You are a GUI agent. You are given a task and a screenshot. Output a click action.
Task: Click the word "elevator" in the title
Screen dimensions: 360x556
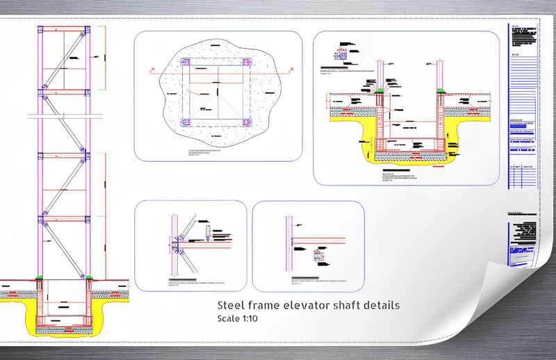point(309,305)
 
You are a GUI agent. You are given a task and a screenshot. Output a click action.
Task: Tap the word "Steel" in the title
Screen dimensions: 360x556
point(230,305)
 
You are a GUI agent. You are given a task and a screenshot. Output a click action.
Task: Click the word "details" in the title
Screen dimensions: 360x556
point(380,305)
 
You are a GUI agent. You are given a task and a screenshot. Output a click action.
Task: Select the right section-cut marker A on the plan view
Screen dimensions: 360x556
point(293,69)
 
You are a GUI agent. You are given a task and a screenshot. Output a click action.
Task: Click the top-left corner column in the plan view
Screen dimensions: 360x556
point(185,63)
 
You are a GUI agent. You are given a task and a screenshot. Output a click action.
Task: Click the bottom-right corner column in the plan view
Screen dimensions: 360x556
point(247,123)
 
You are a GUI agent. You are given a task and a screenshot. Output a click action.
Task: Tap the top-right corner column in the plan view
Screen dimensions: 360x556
point(247,63)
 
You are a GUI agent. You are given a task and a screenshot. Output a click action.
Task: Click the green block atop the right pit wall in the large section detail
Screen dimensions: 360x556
point(441,90)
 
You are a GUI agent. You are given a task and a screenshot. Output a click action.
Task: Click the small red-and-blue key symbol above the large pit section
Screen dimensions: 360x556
point(341,51)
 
